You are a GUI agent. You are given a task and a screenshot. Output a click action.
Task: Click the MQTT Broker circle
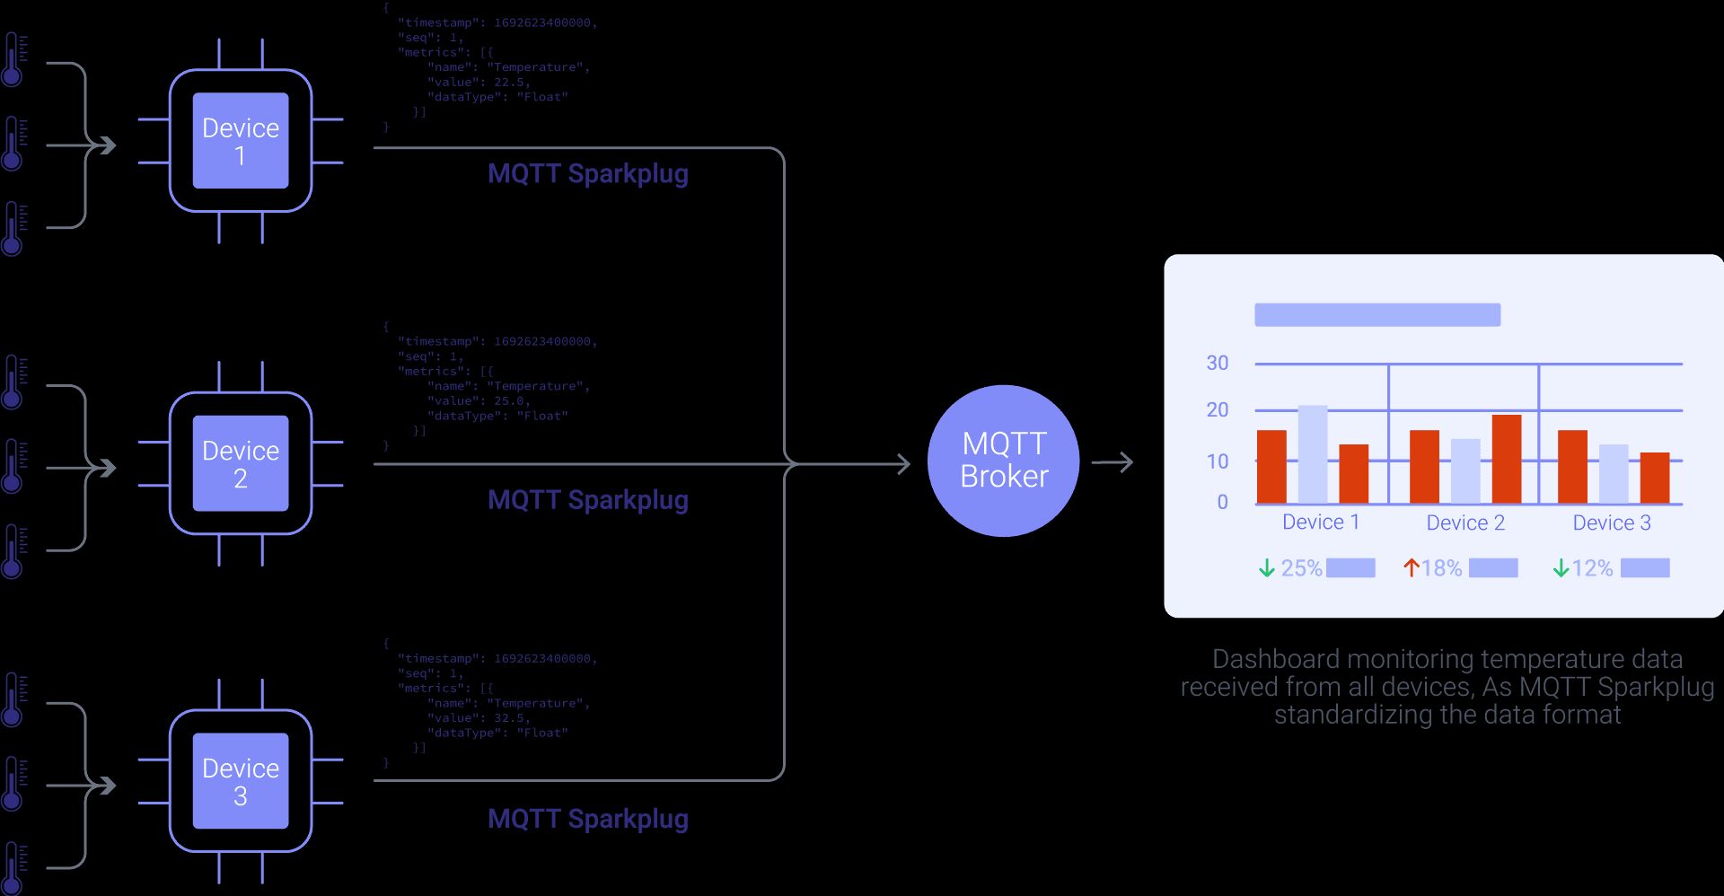pyautogui.click(x=1003, y=461)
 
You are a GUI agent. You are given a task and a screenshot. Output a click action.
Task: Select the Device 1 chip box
pyautogui.click(x=241, y=141)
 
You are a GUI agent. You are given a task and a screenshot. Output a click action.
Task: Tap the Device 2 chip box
pyautogui.click(x=241, y=463)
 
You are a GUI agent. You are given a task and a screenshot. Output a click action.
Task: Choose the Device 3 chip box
pyautogui.click(x=241, y=781)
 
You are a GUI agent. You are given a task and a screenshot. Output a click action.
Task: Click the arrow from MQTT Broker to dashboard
pyautogui.click(x=1113, y=463)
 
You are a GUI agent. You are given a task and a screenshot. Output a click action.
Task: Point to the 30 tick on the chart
pyautogui.click(x=1217, y=364)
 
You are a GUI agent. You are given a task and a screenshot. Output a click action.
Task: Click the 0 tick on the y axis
pyautogui.click(x=1222, y=503)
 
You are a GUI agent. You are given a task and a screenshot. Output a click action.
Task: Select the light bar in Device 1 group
pyautogui.click(x=1313, y=454)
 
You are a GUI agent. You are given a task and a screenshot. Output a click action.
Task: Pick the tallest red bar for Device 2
pyautogui.click(x=1506, y=459)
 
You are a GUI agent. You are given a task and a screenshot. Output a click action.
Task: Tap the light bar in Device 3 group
pyautogui.click(x=1614, y=474)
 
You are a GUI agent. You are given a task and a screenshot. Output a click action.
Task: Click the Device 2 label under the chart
pyautogui.click(x=1465, y=523)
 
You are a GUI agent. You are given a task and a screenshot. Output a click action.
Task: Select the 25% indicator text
pyautogui.click(x=1301, y=568)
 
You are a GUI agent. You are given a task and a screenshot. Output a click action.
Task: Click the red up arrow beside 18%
pyautogui.click(x=1411, y=568)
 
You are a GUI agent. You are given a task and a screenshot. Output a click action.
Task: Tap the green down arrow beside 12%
pyautogui.click(x=1561, y=568)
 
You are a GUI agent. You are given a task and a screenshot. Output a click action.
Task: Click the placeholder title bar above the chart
pyautogui.click(x=1377, y=315)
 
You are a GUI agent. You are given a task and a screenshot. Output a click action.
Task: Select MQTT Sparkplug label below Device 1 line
pyautogui.click(x=587, y=174)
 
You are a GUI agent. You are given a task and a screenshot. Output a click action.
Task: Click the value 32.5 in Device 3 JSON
pyautogui.click(x=510, y=718)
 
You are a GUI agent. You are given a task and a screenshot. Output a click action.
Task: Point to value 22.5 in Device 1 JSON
pyautogui.click(x=510, y=83)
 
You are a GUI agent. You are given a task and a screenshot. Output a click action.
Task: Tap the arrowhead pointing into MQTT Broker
pyautogui.click(x=903, y=464)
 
